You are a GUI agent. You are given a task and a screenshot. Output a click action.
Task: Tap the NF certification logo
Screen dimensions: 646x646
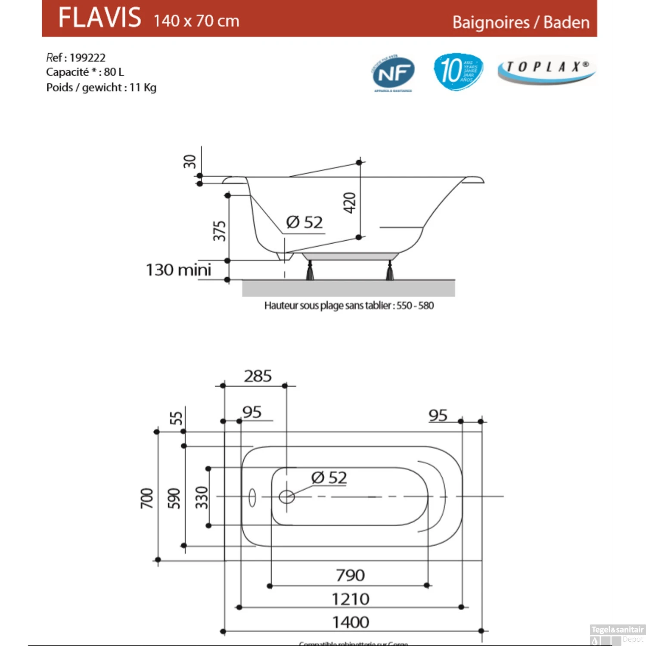393,74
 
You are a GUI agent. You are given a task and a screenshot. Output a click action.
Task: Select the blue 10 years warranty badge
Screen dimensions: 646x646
458,71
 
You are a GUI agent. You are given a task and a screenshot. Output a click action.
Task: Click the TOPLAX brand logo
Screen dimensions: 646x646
547,69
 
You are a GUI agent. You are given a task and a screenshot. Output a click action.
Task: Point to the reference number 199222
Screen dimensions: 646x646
87,58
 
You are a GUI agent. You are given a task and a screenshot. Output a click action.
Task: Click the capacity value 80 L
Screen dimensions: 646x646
114,72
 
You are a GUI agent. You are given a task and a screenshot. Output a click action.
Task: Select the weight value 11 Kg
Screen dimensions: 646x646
143,87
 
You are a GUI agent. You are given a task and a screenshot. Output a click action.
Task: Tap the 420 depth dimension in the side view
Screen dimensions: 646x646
350,202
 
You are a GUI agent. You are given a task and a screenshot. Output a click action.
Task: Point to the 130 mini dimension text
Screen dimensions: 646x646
178,270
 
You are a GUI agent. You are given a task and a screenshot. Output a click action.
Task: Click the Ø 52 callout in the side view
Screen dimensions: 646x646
304,222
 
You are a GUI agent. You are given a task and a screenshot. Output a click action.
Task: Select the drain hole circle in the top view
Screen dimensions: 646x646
286,497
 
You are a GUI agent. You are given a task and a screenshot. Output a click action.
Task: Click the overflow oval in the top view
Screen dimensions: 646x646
252,497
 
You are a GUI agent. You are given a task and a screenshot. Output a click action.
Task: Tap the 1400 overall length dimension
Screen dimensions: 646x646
351,622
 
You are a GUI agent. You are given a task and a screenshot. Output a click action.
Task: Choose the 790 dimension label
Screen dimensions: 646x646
350,575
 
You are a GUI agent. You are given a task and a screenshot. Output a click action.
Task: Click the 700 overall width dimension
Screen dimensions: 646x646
147,498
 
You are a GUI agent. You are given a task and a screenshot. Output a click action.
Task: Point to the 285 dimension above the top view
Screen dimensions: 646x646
258,376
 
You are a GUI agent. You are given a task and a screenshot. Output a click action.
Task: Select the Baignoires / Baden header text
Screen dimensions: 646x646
521,22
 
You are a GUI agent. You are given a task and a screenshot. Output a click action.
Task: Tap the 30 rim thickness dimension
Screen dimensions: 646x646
189,161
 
